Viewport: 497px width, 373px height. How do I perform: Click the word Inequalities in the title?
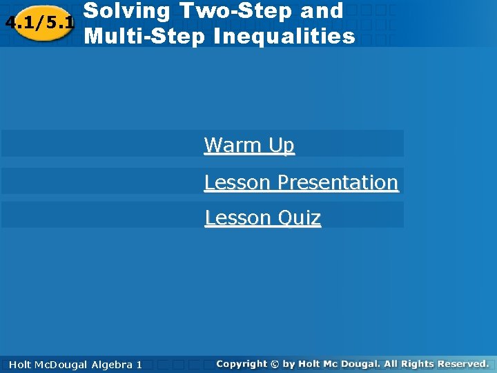pyautogui.click(x=284, y=35)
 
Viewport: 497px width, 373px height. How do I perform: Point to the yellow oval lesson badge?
pyautogui.click(x=39, y=23)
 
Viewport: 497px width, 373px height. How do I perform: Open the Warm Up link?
pyautogui.click(x=248, y=146)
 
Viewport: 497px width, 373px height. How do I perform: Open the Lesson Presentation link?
pyautogui.click(x=301, y=182)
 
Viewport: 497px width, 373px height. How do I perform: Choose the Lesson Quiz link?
pyautogui.click(x=262, y=218)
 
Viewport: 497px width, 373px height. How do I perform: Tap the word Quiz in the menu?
pyautogui.click(x=299, y=218)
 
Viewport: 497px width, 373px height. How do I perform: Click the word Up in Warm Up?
pyautogui.click(x=282, y=146)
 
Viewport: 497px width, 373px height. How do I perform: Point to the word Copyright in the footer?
pyautogui.click(x=241, y=363)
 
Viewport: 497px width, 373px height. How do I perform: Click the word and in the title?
pyautogui.click(x=322, y=11)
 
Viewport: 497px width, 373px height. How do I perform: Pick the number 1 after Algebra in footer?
pyautogui.click(x=139, y=364)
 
